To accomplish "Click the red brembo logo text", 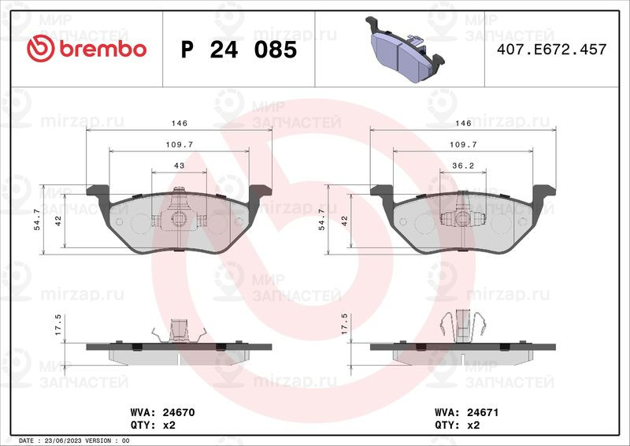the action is point(103,49).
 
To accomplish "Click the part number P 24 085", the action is point(239,50).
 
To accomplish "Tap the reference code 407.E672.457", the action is point(552,49).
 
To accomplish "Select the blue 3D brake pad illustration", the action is point(405,49).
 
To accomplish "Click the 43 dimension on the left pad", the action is point(180,165).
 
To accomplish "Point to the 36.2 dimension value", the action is point(463,165).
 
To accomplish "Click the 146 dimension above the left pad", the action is point(180,123).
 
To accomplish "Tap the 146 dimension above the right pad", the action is point(463,123).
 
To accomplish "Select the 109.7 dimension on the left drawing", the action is point(180,144).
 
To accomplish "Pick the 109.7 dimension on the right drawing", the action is point(463,144).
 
